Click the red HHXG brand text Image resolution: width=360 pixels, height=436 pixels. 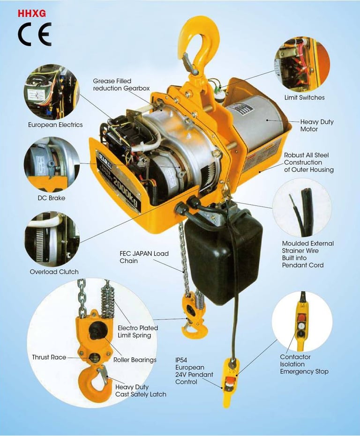[x=32, y=14]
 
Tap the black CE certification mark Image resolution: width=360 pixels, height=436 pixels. [x=35, y=34]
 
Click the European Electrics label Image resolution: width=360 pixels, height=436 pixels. [x=55, y=125]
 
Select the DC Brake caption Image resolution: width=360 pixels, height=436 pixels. [x=52, y=198]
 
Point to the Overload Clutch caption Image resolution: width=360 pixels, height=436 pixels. [x=54, y=272]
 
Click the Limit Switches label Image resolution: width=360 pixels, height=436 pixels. [x=304, y=97]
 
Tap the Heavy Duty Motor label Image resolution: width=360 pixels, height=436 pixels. [x=316, y=126]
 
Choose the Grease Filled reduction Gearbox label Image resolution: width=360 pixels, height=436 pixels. [x=121, y=84]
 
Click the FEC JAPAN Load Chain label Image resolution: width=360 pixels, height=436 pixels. [x=144, y=257]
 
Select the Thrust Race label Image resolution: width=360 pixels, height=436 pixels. [x=49, y=357]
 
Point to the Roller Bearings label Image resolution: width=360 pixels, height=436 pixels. [x=135, y=360]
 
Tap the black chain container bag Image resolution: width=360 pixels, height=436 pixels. [x=223, y=254]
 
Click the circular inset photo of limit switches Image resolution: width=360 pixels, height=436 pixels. [x=302, y=65]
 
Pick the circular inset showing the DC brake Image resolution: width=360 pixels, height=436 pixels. [x=52, y=164]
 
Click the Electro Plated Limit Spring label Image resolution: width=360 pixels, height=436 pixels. [x=137, y=332]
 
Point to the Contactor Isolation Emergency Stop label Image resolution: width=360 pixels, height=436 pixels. [x=304, y=364]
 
